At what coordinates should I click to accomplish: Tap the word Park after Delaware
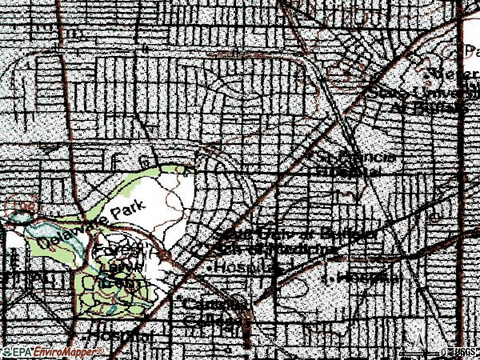[127, 210]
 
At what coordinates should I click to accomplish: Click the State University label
[416, 92]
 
